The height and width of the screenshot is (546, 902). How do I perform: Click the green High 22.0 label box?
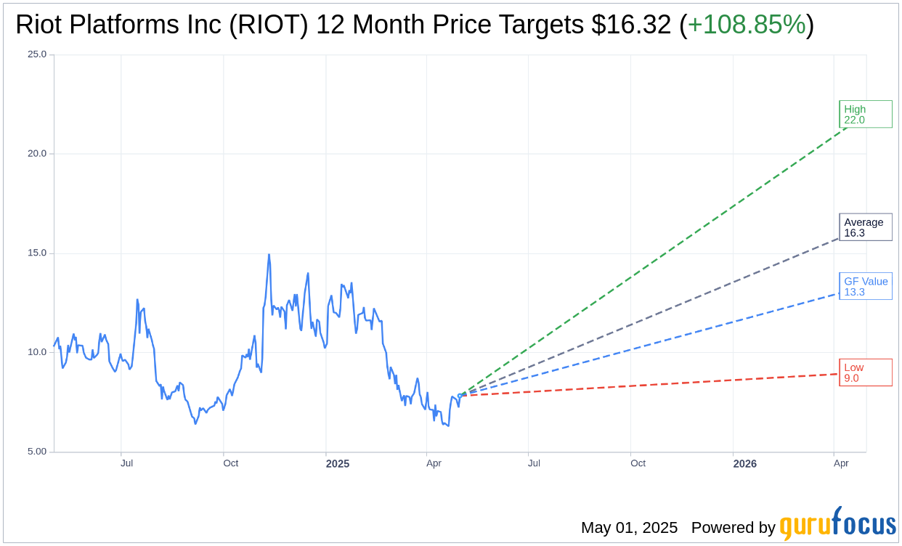(x=865, y=114)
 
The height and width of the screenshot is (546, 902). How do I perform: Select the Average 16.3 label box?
(x=865, y=227)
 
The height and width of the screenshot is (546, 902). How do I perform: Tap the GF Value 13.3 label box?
(x=865, y=286)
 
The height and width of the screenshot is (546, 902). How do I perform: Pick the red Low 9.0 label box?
(x=865, y=372)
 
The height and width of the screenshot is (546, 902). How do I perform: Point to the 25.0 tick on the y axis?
(x=37, y=54)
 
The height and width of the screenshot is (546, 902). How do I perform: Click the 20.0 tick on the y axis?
(x=37, y=154)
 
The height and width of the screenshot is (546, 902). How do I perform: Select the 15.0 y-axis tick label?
(x=37, y=253)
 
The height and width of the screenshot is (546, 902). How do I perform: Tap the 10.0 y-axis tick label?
(x=37, y=353)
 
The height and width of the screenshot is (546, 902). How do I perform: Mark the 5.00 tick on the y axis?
(x=37, y=452)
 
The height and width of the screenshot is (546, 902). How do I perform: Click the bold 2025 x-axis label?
(x=337, y=464)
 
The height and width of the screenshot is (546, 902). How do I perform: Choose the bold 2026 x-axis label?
(x=744, y=464)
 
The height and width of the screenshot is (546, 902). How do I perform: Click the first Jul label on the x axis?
(x=126, y=463)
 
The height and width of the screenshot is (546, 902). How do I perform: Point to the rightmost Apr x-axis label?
(x=841, y=463)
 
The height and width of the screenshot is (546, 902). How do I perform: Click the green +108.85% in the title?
(x=747, y=25)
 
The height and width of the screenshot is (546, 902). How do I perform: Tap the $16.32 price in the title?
(x=631, y=25)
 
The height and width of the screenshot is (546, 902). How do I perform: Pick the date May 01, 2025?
(x=629, y=528)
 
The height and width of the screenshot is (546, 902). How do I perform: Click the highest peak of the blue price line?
(x=269, y=255)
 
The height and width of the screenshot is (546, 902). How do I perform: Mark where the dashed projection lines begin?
(x=460, y=396)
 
